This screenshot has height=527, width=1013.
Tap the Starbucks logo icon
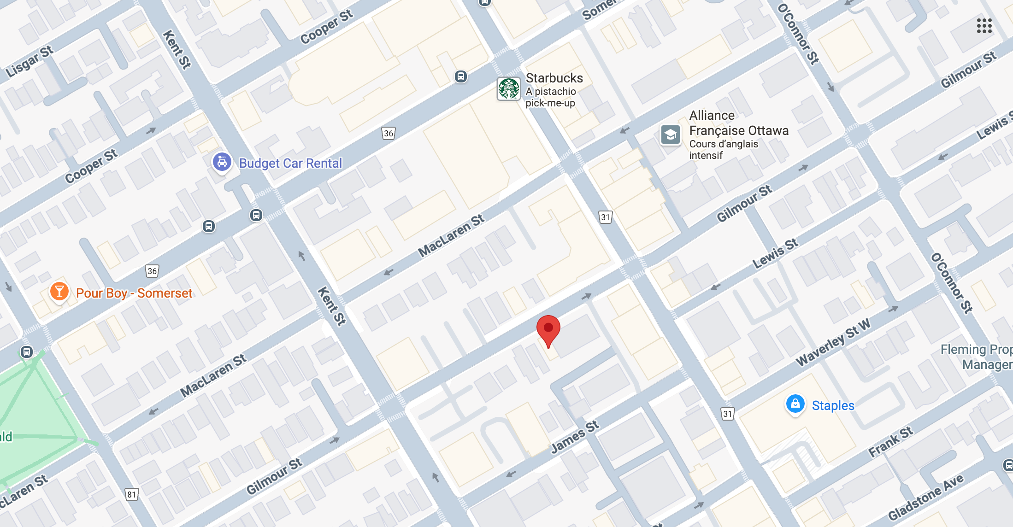coord(509,89)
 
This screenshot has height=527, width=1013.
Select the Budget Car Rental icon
coord(222,162)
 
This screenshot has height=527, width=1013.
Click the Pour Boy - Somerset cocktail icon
coord(59,292)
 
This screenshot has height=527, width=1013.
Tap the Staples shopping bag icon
coord(795,404)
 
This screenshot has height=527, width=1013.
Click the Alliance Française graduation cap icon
coord(671,135)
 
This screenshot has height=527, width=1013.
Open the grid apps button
coord(984,26)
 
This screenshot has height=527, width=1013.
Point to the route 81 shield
coord(132,495)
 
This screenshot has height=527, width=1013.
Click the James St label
coord(575,437)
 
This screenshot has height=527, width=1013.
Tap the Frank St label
coord(890,442)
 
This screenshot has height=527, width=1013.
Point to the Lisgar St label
coord(29,61)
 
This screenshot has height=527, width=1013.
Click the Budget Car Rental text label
coord(290,163)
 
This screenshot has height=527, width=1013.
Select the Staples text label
coord(833,405)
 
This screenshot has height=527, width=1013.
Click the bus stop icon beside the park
coord(27,352)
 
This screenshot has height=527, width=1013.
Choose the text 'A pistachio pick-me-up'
coord(551,97)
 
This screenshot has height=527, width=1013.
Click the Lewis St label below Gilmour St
coord(775,254)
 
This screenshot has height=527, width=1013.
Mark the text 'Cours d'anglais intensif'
coord(723,150)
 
